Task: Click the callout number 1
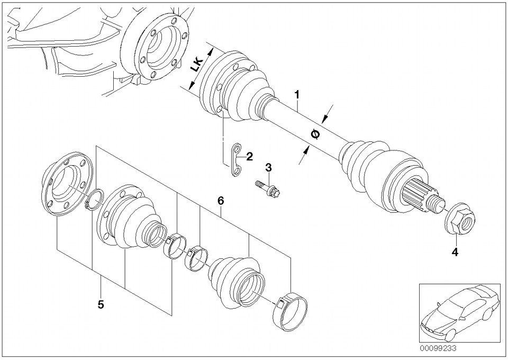(296, 95)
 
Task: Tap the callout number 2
(249, 157)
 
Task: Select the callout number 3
(268, 167)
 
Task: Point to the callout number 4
(455, 252)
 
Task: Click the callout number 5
(101, 304)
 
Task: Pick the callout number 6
(221, 201)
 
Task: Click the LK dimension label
(196, 65)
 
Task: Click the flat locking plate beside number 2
(236, 160)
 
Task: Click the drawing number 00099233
(438, 348)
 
